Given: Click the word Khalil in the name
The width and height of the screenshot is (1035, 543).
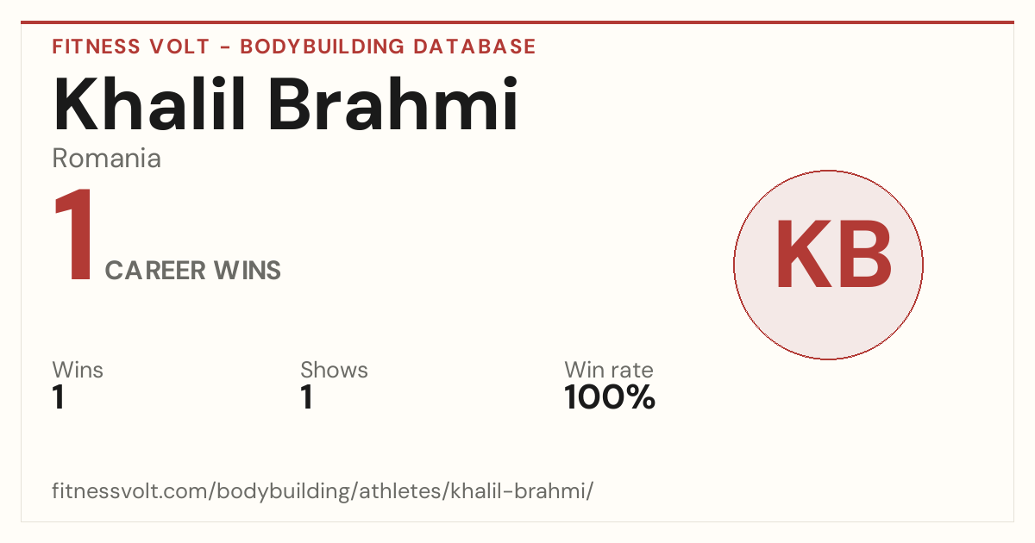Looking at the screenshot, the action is coord(148,104).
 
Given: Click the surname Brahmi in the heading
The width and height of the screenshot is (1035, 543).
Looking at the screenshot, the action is coord(393,104).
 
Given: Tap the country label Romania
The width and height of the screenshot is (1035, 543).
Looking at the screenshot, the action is coord(106,159).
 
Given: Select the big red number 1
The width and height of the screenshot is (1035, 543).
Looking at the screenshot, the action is coord(74,234).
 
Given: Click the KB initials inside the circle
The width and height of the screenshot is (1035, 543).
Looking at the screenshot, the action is coord(834,254).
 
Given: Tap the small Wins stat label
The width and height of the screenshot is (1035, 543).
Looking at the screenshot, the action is coord(78,370).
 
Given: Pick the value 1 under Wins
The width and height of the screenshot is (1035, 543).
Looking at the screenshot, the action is coord(59,397).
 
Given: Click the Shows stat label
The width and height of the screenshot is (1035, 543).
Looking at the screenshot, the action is coord(334,370).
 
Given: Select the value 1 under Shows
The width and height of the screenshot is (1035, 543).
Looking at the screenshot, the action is coord(307,397).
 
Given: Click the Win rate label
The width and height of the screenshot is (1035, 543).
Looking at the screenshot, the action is coord(609,370).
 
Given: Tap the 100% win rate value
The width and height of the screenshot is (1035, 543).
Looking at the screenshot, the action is coord(610,397).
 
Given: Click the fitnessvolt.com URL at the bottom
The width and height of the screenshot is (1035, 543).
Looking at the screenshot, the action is coord(323,491).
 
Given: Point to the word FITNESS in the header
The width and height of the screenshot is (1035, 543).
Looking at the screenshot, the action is coord(96,47).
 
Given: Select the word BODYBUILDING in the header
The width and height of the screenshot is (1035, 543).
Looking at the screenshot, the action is coord(322,47).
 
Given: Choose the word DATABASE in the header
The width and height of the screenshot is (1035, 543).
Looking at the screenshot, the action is coord(474,47).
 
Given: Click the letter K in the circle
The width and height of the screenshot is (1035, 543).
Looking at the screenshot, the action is coord(805,254).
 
